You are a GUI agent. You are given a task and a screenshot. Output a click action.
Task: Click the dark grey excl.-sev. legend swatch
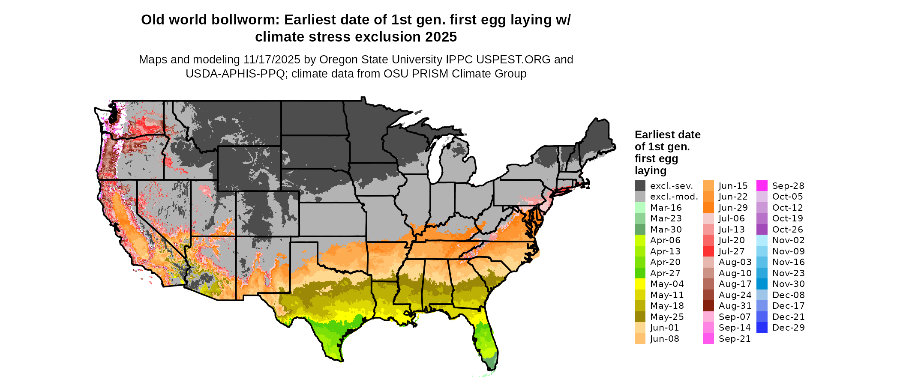(640, 186)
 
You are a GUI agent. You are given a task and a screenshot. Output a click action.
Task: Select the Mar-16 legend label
(666, 208)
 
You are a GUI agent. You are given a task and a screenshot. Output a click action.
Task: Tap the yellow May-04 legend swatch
(640, 284)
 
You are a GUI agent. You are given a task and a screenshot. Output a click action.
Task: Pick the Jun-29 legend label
(733, 208)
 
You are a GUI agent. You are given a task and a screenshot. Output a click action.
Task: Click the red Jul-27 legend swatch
(708, 251)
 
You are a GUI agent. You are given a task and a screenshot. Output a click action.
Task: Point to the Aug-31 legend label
(735, 306)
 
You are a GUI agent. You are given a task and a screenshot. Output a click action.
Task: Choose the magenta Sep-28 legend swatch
(762, 186)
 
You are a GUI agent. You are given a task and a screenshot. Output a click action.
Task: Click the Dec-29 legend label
(788, 328)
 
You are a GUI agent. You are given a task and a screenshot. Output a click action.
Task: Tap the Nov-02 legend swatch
(762, 240)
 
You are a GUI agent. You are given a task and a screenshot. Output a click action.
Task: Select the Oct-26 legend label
(787, 230)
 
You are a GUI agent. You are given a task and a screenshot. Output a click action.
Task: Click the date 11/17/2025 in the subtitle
(272, 60)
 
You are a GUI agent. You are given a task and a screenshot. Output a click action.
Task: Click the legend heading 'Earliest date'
(667, 135)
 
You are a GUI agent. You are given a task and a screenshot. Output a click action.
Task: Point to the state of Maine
(598, 137)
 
